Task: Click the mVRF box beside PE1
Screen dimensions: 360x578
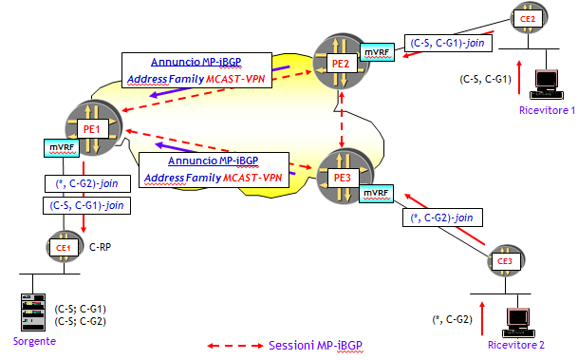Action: (60, 148)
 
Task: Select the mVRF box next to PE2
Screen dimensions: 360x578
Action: (375, 48)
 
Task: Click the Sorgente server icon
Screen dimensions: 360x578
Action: (34, 312)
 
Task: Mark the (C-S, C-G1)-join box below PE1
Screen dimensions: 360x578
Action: (87, 203)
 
